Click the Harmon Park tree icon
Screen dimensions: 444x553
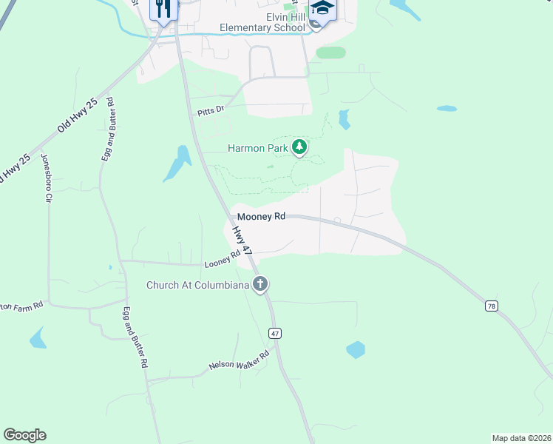[299, 147]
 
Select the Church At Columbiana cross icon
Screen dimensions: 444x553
[259, 284]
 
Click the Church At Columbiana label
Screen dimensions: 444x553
[197, 285]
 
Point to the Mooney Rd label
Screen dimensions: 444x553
[261, 217]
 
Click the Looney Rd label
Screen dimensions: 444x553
[223, 260]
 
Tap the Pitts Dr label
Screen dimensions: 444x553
[210, 111]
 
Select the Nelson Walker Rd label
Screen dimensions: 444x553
[239, 360]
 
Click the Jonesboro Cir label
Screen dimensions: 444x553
[46, 178]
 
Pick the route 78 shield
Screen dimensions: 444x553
[491, 306]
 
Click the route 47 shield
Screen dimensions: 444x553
[275, 334]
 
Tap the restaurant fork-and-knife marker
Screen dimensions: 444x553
[163, 9]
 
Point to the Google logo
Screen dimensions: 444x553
[24, 435]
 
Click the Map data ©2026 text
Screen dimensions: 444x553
[521, 437]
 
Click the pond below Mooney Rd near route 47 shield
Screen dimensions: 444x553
[356, 349]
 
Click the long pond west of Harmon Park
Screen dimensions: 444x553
[177, 163]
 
